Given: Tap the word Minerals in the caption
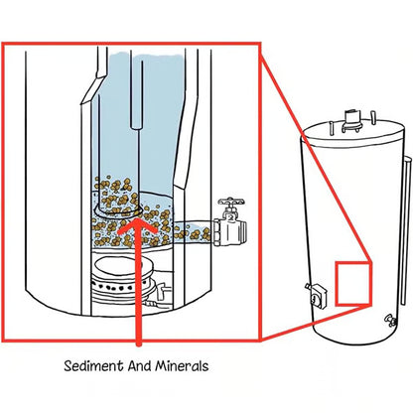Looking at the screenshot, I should click(x=179, y=365).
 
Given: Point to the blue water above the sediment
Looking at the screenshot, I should click(x=159, y=119).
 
